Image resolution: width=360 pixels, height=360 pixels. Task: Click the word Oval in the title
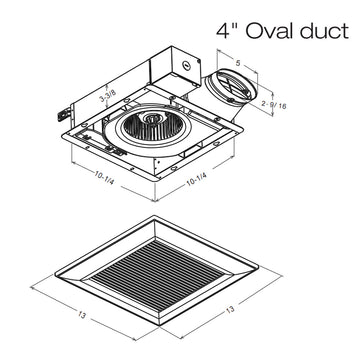point(269,31)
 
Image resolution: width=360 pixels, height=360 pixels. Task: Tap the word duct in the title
point(324,31)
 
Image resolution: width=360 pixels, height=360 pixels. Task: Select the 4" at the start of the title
point(227,31)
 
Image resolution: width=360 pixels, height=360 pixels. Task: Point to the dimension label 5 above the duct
point(237,63)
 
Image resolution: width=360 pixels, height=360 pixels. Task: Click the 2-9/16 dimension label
point(274,105)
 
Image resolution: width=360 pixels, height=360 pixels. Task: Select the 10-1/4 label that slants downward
point(104,179)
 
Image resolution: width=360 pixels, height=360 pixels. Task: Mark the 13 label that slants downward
point(82,314)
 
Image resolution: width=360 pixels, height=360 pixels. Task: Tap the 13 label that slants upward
point(230,309)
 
